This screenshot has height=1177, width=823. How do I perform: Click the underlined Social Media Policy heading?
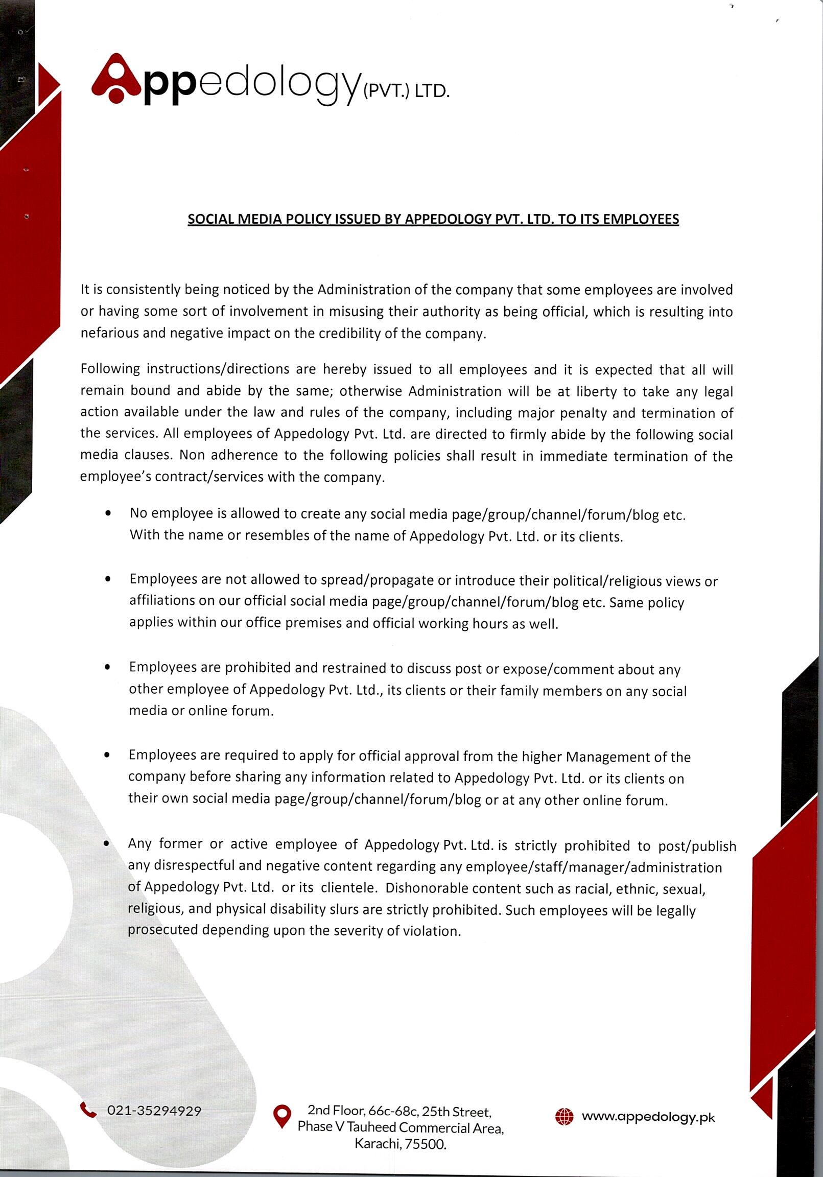[433, 219]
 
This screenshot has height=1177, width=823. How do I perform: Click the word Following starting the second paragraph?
[110, 369]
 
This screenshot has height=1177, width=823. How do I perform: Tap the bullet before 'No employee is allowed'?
[108, 513]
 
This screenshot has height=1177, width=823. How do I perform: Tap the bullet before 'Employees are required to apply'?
[107, 755]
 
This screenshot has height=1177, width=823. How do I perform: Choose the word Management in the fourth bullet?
[603, 757]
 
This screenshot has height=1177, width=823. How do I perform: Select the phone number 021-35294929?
[154, 1111]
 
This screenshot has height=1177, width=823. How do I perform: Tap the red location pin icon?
[282, 1116]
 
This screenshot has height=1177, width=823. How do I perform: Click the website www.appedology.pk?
[648, 1117]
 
